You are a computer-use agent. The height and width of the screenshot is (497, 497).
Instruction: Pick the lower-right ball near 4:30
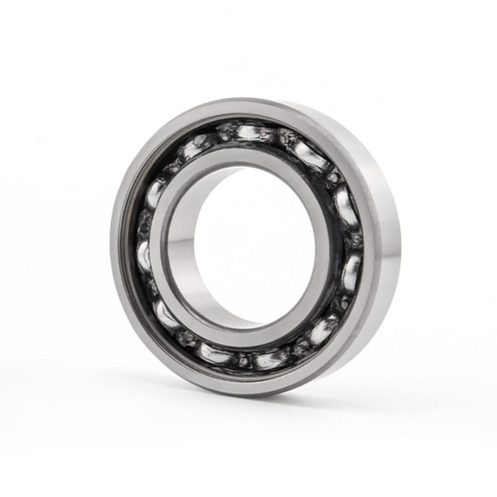pos(323,328)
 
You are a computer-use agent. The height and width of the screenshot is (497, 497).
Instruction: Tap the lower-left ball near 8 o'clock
pos(166,314)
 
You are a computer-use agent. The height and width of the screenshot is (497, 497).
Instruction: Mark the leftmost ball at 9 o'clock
pos(146,253)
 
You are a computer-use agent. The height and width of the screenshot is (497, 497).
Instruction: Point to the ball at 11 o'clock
pos(195,147)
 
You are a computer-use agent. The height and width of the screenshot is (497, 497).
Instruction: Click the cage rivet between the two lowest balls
pos(242,361)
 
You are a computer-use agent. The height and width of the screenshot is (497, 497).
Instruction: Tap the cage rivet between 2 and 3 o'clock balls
pos(354,237)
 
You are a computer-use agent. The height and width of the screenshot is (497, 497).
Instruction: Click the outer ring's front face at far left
pos(121,248)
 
